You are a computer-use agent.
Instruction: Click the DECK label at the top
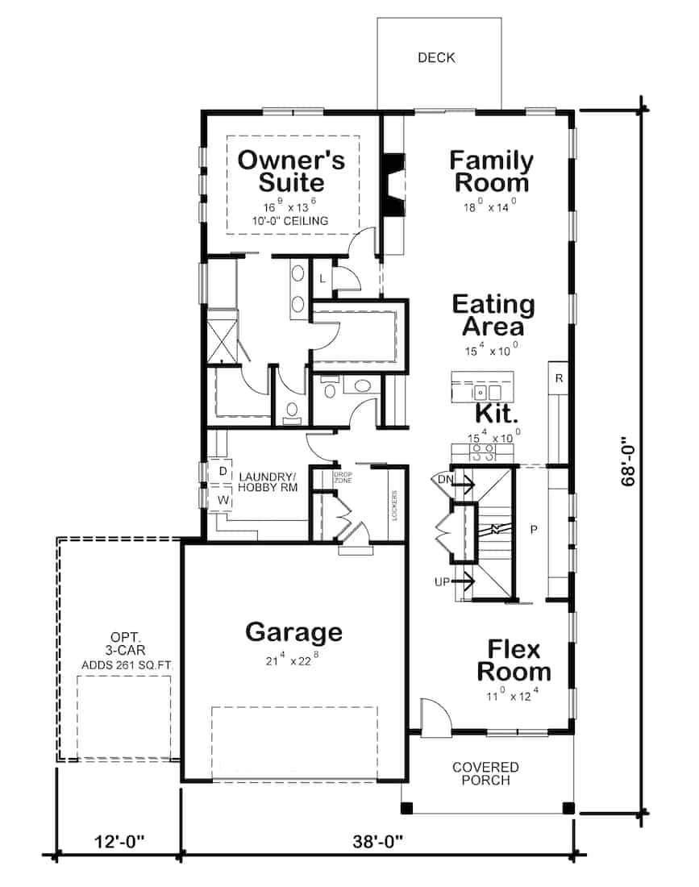click(x=436, y=57)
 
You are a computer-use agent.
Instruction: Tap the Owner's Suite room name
click(x=291, y=171)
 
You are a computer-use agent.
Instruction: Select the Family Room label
click(x=491, y=171)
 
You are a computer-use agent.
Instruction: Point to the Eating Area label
click(x=493, y=315)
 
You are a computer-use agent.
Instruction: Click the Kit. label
click(x=495, y=414)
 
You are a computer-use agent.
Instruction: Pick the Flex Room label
click(x=514, y=660)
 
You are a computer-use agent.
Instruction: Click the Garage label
click(x=293, y=631)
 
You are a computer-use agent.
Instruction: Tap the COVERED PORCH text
click(x=485, y=773)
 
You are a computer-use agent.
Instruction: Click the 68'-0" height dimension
click(x=630, y=460)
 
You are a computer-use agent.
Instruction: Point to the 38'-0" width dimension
click(x=377, y=841)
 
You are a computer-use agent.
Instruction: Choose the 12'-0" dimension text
click(x=118, y=841)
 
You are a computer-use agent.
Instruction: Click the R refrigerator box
click(x=558, y=377)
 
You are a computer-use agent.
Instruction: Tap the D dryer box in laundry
click(x=221, y=471)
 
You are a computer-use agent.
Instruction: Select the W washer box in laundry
click(x=221, y=500)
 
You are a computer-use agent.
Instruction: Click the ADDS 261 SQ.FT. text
click(x=128, y=665)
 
